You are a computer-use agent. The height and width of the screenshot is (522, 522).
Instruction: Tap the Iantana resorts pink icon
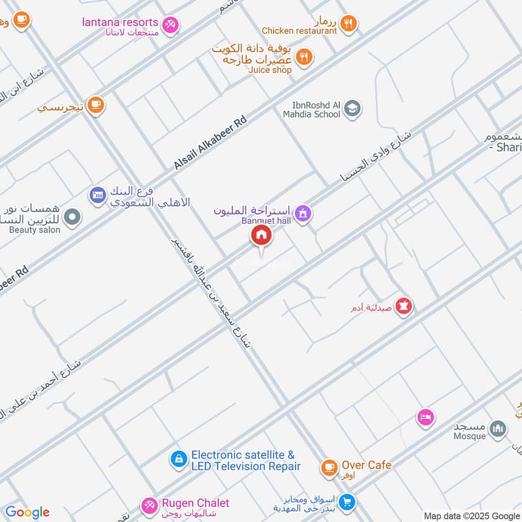(x=171, y=25)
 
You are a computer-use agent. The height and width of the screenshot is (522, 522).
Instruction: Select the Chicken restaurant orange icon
(x=349, y=24)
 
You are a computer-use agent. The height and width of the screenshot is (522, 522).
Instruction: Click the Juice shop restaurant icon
(x=303, y=58)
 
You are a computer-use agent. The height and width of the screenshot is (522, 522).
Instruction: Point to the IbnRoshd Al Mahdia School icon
(x=352, y=108)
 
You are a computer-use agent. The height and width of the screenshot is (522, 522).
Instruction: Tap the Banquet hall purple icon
(x=303, y=213)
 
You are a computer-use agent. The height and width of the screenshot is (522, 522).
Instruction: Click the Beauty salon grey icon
(x=72, y=217)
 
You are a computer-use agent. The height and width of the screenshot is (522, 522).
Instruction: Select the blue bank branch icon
(x=97, y=194)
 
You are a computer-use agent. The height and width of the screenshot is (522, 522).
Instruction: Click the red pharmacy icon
(x=404, y=305)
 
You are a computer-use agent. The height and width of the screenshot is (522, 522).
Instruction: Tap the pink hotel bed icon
(x=425, y=417)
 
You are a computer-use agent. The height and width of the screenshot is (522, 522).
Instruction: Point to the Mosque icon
(x=498, y=429)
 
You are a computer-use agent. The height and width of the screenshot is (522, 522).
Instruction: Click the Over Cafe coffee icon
(x=329, y=467)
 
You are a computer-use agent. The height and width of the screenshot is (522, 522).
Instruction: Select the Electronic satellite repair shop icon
(x=177, y=460)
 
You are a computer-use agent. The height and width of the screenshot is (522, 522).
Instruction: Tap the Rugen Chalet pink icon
(x=149, y=505)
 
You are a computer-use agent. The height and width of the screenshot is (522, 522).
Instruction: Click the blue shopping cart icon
(x=347, y=502)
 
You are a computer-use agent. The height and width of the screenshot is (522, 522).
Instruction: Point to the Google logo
(x=27, y=512)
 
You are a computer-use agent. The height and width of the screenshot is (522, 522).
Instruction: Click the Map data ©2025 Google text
(x=470, y=515)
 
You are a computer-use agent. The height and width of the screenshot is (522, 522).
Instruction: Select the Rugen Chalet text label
(x=196, y=502)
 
